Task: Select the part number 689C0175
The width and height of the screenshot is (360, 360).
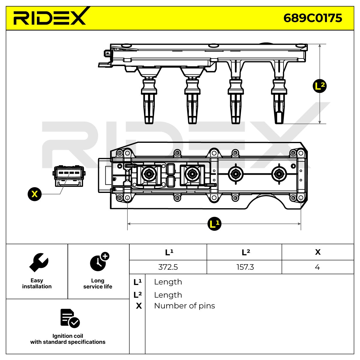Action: pyautogui.click(x=313, y=18)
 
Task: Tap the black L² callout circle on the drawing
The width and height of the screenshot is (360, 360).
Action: pyautogui.click(x=319, y=86)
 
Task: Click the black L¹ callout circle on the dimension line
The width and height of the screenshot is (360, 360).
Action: pyautogui.click(x=214, y=223)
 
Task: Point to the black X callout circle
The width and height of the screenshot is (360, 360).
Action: pyautogui.click(x=34, y=194)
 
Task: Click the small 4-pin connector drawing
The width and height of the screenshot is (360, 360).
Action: pyautogui.click(x=69, y=176)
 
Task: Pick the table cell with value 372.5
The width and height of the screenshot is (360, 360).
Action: pyautogui.click(x=168, y=267)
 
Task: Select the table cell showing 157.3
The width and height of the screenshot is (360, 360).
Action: pyautogui.click(x=245, y=267)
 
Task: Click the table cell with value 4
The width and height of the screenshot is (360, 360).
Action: pyautogui.click(x=317, y=267)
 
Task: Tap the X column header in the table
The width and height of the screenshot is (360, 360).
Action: pyautogui.click(x=318, y=252)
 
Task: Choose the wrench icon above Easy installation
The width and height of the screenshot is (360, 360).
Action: pyautogui.click(x=39, y=262)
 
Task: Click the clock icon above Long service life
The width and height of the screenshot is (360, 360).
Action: pyautogui.click(x=100, y=262)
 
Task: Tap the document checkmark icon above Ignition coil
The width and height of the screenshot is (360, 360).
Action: pyautogui.click(x=70, y=318)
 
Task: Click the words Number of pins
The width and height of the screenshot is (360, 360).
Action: pyautogui.click(x=184, y=306)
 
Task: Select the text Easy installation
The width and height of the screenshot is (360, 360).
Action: pyautogui.click(x=37, y=283)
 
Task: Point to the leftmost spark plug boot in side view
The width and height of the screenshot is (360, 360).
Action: pyautogui.click(x=149, y=101)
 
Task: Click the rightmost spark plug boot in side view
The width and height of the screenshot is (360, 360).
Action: pyautogui.click(x=279, y=101)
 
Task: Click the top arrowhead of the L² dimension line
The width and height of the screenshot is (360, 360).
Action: pyautogui.click(x=319, y=46)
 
